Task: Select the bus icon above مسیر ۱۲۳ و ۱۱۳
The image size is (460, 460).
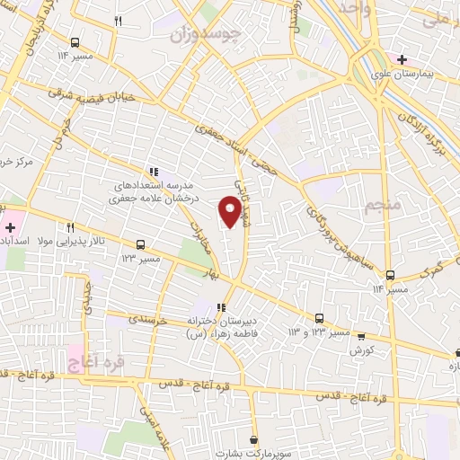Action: pos(319,318)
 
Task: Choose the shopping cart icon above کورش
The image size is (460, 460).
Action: pos(361,337)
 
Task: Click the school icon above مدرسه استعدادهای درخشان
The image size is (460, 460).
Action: pos(154,171)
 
